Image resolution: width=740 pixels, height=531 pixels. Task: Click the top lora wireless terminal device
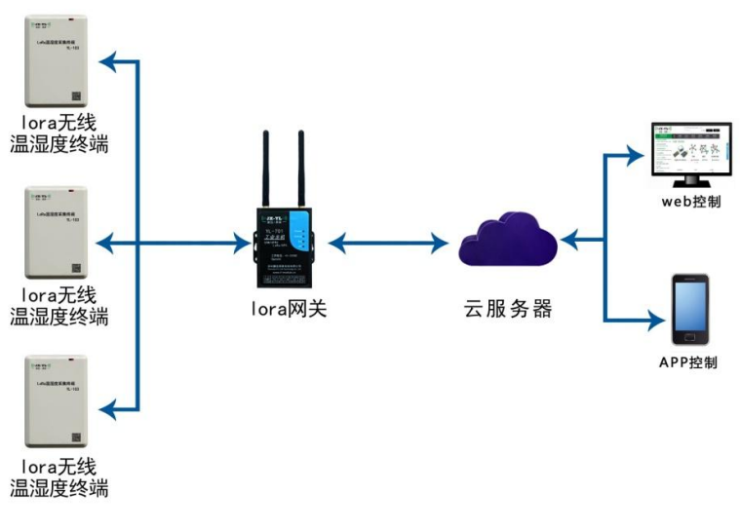coord(57,60)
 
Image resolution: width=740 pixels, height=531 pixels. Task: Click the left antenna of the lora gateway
coord(265,166)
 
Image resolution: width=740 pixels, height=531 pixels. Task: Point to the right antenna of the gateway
coord(301,166)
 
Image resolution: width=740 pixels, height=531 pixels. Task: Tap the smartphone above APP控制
coord(689,309)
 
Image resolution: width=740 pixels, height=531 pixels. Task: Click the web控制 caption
coord(690,202)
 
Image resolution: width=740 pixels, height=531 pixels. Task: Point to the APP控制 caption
coord(688,362)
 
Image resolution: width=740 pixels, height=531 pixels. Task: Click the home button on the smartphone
coord(689,338)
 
